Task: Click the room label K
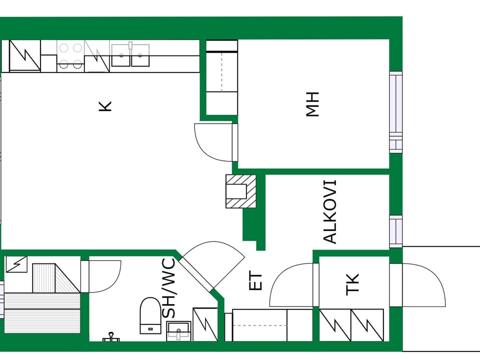pos(105,106)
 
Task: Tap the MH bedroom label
pos(312,104)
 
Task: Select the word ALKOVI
pos(330,212)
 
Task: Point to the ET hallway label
pos(255,281)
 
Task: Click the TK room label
pos(352,284)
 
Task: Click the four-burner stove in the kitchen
pos(70,55)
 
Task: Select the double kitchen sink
pos(130,55)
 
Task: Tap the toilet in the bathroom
pos(150,315)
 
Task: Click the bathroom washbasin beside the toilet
pos(179,331)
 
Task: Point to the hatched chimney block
pos(241,191)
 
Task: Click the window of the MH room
pos(396,112)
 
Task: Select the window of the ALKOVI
pos(396,231)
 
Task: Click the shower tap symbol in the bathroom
pos(111,337)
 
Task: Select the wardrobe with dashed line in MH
pos(222,78)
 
